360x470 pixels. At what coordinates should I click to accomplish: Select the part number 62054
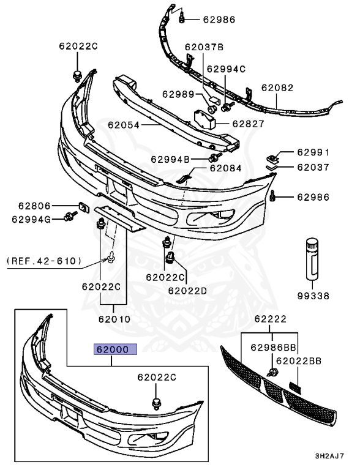click(x=124, y=125)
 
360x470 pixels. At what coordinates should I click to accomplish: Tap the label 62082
click(x=277, y=88)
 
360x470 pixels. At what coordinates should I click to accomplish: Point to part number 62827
click(x=248, y=124)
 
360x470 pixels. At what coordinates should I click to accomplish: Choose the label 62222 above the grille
click(x=271, y=319)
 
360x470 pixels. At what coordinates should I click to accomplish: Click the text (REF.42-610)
click(x=44, y=261)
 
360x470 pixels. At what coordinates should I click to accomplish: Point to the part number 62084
click(x=225, y=168)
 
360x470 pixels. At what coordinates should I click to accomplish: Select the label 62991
click(x=313, y=152)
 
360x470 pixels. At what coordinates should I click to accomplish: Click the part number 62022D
click(x=188, y=290)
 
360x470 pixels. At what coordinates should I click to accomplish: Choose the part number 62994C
click(x=226, y=69)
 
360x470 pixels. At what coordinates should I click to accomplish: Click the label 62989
click(x=178, y=94)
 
